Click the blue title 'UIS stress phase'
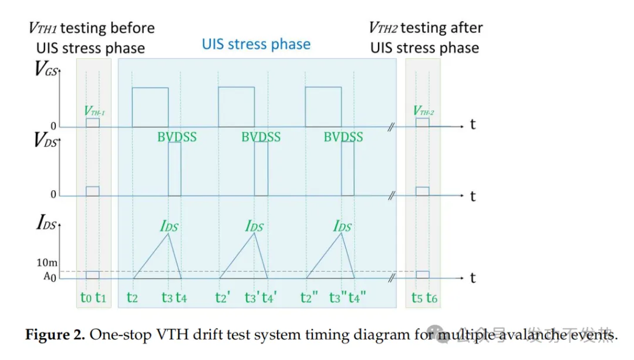pyautogui.click(x=256, y=44)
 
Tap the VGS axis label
pyautogui.click(x=48, y=73)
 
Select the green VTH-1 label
pyautogui.click(x=94, y=111)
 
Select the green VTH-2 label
pyautogui.click(x=423, y=111)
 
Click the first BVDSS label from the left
pyautogui.click(x=177, y=137)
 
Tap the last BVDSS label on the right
pyautogui.click(x=343, y=137)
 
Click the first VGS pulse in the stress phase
pyautogui.click(x=150, y=107)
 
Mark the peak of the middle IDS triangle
pyautogui.click(x=254, y=234)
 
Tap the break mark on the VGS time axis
pyautogui.click(x=392, y=127)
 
